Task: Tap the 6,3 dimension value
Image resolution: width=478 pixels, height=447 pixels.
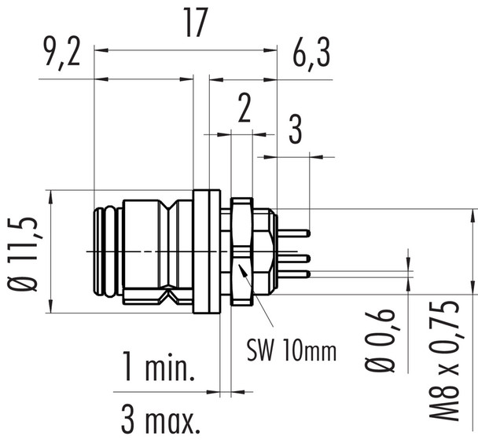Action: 310,57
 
